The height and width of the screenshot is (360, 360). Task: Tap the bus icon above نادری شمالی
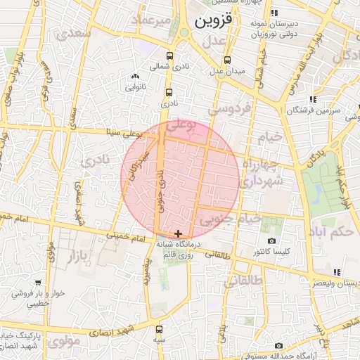(169, 56)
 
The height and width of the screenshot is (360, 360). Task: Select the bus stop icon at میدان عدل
(226, 60)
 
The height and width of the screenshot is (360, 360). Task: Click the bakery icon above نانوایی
(135, 77)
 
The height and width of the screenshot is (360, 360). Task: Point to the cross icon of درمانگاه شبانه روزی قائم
(178, 233)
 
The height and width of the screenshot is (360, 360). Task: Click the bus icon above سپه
(160, 329)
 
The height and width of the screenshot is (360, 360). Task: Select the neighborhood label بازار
(81, 257)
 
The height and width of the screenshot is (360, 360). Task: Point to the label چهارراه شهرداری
(262, 173)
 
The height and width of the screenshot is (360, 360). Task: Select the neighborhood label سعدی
(77, 32)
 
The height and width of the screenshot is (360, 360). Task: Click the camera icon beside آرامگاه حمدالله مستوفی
(278, 346)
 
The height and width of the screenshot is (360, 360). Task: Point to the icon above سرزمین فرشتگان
(312, 99)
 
